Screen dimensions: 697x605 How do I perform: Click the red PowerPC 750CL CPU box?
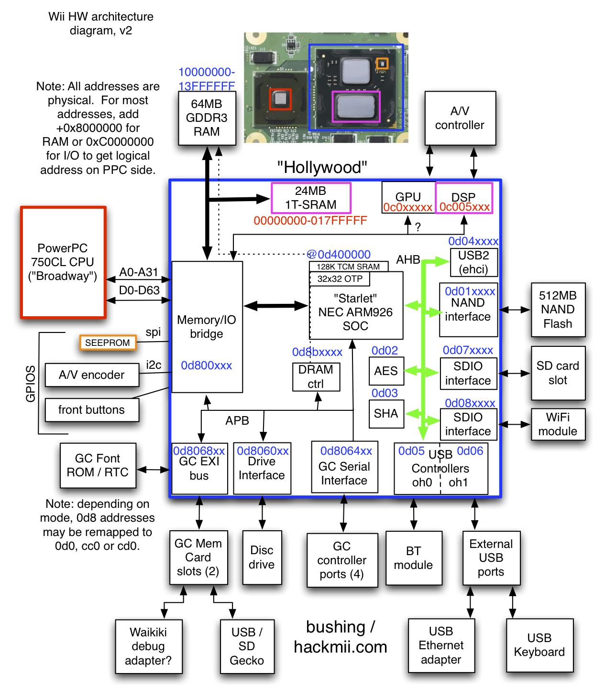(x=63, y=262)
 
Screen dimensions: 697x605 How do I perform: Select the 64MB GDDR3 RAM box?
(x=207, y=118)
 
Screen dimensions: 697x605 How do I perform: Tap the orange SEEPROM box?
(x=108, y=343)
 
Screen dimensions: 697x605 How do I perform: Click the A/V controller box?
(x=460, y=118)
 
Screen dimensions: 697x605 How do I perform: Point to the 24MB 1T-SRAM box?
(x=311, y=198)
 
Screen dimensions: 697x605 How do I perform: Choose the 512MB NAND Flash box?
(x=558, y=310)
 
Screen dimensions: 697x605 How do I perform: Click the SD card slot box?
(x=558, y=373)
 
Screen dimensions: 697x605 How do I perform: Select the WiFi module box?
(x=558, y=424)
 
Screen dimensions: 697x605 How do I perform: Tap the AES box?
(x=386, y=371)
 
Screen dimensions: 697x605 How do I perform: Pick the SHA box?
(x=386, y=413)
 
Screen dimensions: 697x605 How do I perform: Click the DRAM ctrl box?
(x=316, y=376)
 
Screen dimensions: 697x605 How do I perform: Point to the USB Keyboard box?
(x=539, y=645)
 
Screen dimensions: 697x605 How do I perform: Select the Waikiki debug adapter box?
(x=148, y=646)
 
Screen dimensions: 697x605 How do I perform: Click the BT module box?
(x=413, y=558)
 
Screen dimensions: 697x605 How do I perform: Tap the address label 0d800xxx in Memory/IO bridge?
(x=206, y=365)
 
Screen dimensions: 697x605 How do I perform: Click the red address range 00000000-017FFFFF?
(x=310, y=221)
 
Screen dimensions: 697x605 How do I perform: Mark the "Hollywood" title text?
(x=322, y=168)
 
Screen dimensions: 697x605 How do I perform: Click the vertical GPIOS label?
(x=31, y=384)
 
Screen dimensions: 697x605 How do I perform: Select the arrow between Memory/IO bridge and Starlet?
(x=276, y=306)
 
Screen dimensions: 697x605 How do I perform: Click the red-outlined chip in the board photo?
(x=280, y=99)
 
